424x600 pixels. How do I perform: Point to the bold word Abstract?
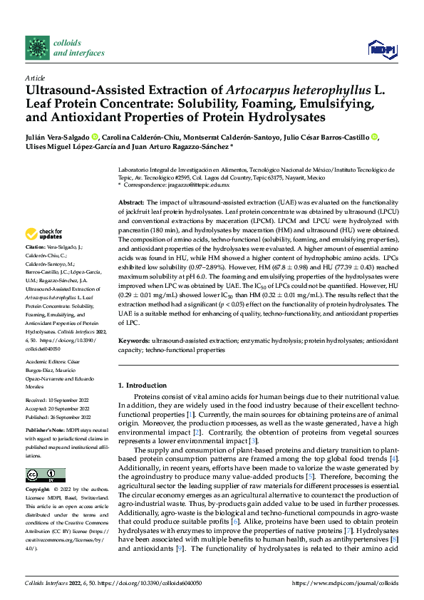(133, 203)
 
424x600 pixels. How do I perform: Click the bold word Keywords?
(135, 341)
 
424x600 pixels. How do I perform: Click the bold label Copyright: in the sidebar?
(39, 491)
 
